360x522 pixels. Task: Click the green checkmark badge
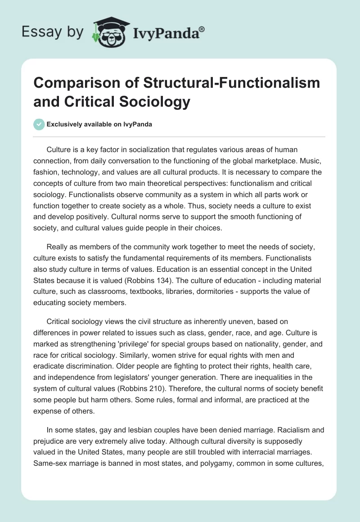pyautogui.click(x=39, y=124)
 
